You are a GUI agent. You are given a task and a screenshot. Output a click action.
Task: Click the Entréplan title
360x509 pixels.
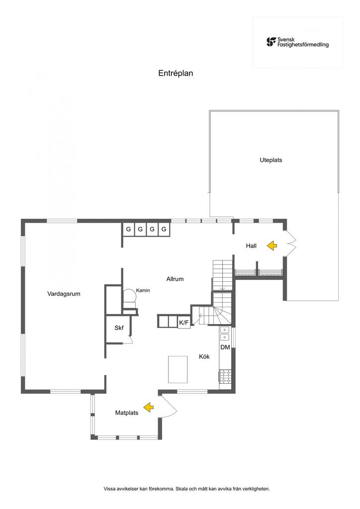(x=176, y=73)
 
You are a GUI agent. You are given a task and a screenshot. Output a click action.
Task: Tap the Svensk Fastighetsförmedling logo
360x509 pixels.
(x=297, y=42)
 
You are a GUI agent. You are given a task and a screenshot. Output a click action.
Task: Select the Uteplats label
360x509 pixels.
(x=271, y=160)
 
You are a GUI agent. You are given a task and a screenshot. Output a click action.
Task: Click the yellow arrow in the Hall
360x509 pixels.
(x=271, y=246)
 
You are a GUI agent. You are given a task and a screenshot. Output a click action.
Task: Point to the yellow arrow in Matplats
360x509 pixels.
(x=149, y=408)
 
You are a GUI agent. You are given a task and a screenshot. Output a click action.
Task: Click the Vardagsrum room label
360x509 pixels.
(x=64, y=294)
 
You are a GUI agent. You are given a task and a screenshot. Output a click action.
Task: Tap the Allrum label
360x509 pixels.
(x=175, y=279)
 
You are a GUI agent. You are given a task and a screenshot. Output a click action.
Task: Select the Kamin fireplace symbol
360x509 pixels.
(x=129, y=296)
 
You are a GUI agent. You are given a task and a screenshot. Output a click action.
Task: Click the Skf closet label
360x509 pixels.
(x=119, y=328)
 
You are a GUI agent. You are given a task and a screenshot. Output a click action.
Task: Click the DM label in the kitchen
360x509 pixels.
(x=225, y=347)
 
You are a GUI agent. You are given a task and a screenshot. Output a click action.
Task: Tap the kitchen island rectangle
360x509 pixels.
(x=178, y=369)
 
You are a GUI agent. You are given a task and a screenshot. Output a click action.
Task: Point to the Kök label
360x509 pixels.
(x=204, y=356)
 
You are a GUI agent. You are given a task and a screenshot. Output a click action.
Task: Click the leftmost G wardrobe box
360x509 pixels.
(x=128, y=229)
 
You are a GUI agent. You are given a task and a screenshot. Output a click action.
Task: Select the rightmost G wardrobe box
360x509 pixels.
(x=164, y=229)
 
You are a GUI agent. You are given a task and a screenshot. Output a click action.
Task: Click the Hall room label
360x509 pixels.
(x=251, y=246)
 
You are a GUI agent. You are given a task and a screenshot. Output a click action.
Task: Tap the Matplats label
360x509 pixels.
(x=126, y=413)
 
